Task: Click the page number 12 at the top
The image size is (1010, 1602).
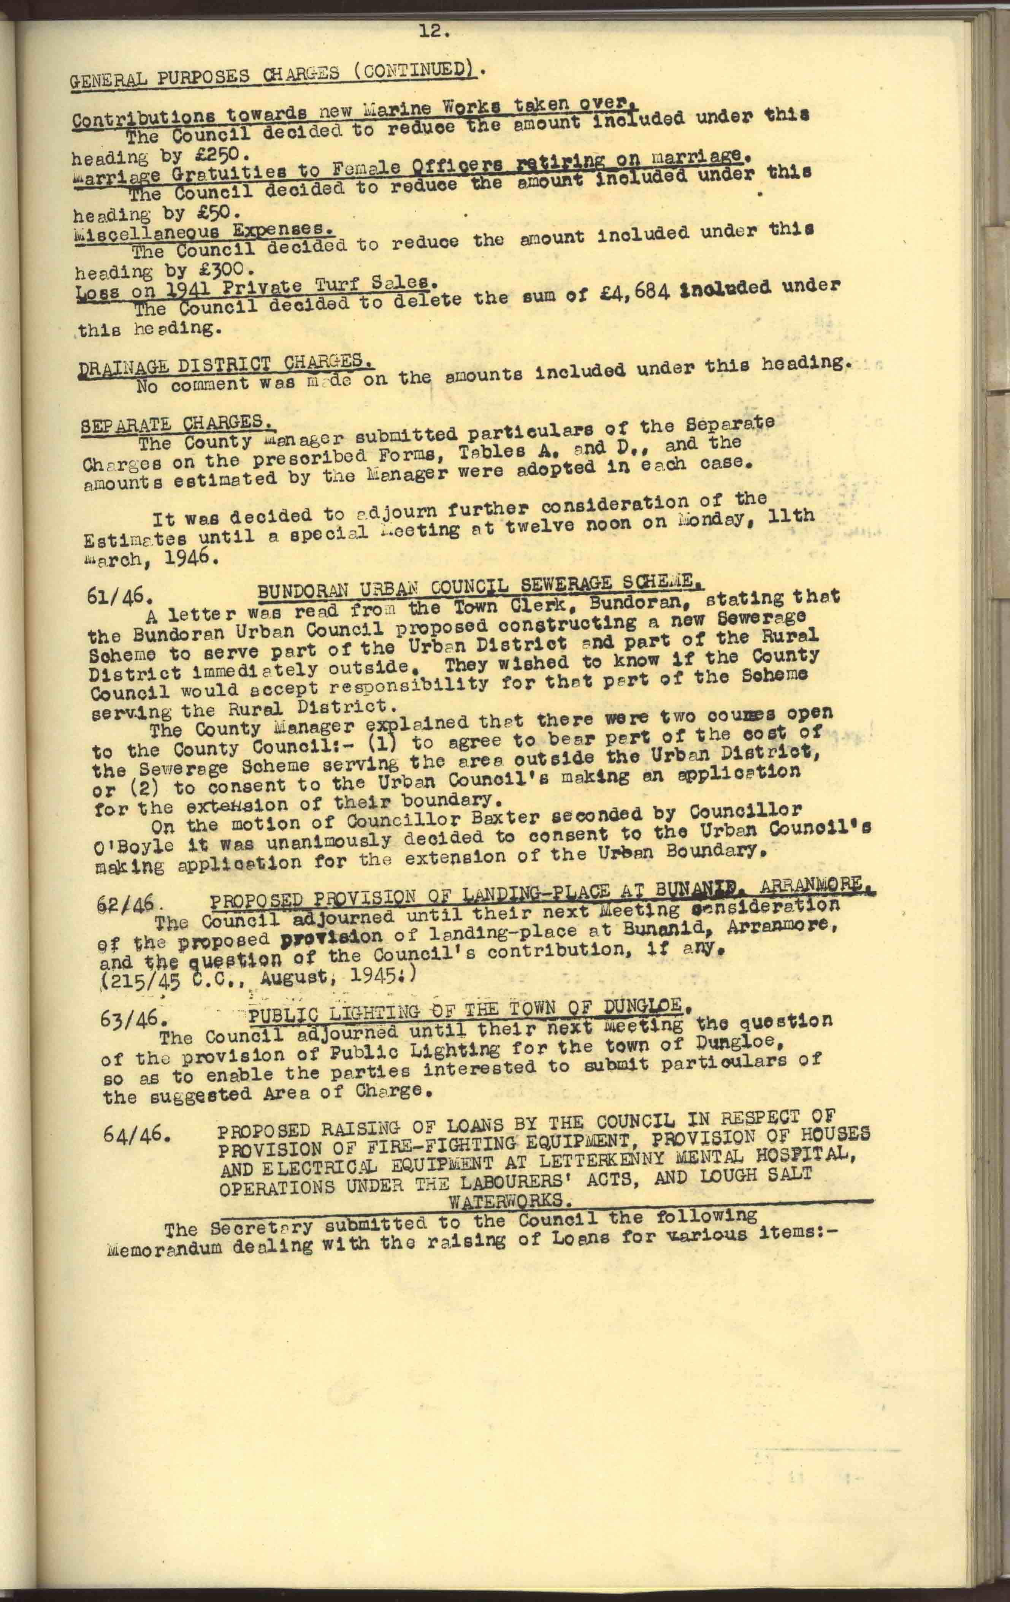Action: [x=435, y=31]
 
